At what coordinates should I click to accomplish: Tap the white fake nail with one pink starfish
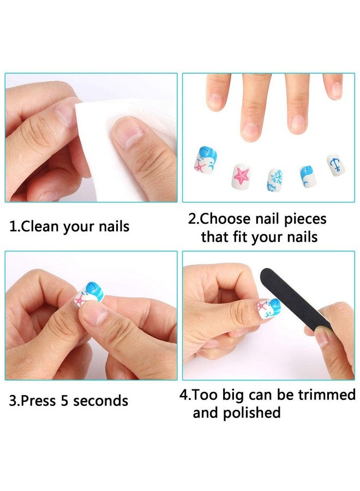[241, 177]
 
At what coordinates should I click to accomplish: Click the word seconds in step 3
[101, 401]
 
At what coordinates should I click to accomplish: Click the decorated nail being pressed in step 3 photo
[89, 295]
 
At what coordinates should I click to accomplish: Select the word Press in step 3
[39, 401]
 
